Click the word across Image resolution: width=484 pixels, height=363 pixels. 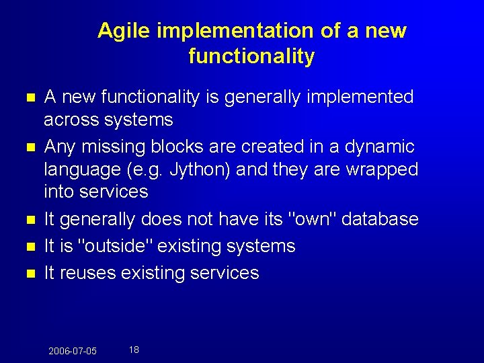click(72, 120)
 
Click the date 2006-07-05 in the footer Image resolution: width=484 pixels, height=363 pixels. click(73, 351)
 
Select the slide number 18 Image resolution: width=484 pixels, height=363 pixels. click(134, 350)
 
